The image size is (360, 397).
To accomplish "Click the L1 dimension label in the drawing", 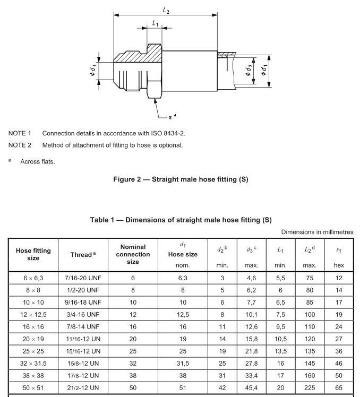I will (x=155, y=23).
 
